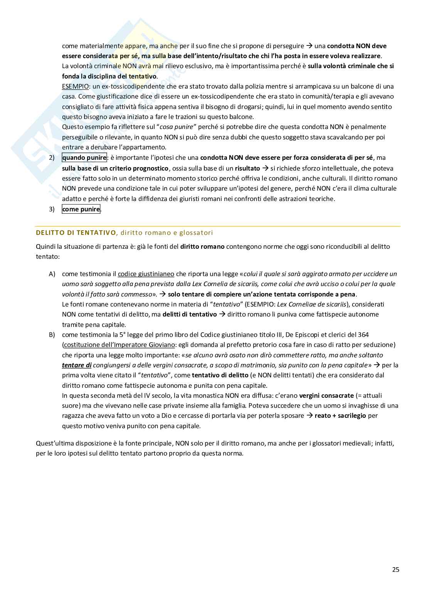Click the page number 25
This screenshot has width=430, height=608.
396,570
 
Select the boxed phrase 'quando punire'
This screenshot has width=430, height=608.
84,157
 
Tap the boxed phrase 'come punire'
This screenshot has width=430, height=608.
81,209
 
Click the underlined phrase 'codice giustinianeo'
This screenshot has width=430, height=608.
146,274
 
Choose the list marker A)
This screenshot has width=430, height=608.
52,274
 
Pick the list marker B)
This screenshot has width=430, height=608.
52,335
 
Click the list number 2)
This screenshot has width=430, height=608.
52,157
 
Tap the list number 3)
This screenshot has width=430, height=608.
52,209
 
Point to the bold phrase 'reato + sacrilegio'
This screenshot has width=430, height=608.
340,415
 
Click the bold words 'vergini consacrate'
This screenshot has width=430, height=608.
326,395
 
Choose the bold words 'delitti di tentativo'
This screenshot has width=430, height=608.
190,314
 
